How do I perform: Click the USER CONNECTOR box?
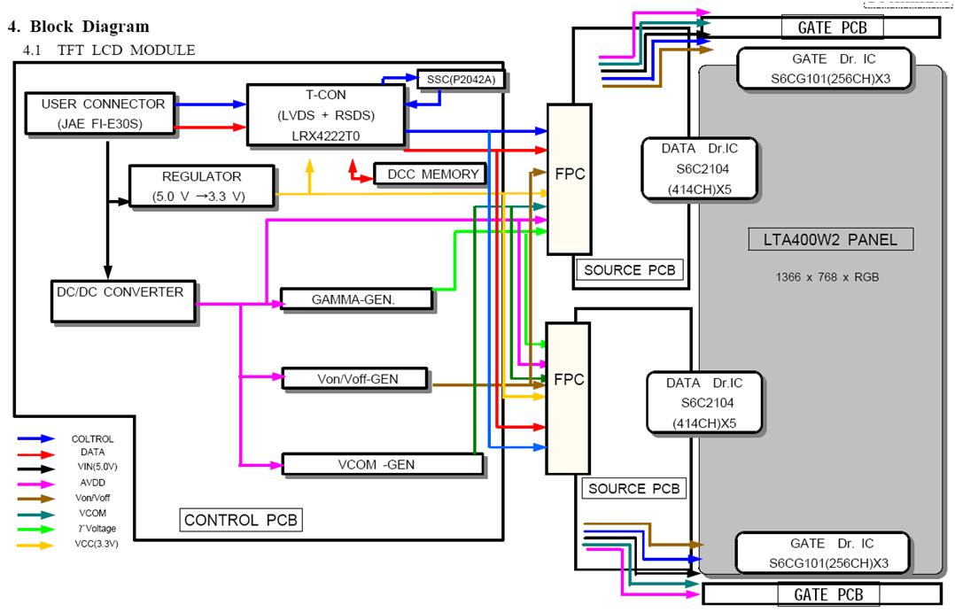102,113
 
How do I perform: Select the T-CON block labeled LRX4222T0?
324,115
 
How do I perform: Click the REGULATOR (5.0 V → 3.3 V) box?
201,186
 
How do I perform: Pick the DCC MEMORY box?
431,174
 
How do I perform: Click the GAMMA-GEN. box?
356,299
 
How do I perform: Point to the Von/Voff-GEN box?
355,379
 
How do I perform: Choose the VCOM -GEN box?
382,463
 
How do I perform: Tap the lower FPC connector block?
568,398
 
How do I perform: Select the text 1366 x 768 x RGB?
826,277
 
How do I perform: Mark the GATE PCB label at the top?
833,27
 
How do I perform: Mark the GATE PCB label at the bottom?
828,594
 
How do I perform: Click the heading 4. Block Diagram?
78,27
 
